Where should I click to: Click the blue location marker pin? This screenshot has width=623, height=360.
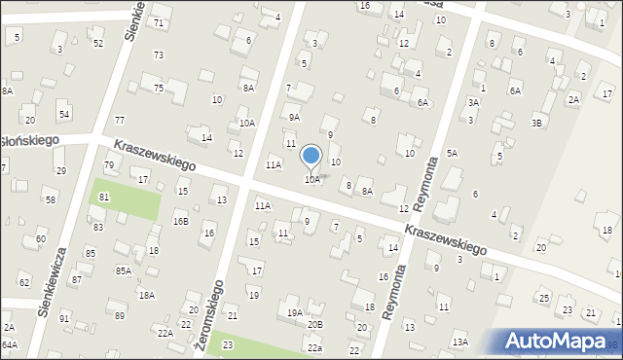[311, 156]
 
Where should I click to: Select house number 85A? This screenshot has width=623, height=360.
[123, 271]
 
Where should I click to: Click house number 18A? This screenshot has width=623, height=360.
[146, 295]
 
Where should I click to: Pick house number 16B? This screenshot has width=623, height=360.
[181, 221]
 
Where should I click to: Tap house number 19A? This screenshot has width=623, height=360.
[294, 312]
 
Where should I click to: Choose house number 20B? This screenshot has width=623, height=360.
[314, 324]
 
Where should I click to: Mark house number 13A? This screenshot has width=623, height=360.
[459, 342]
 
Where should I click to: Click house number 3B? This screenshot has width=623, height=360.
[536, 123]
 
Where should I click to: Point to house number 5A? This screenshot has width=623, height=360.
[452, 153]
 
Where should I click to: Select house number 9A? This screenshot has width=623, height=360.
[294, 117]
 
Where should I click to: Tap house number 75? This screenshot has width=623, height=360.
[158, 88]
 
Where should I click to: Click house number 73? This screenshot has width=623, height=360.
[158, 54]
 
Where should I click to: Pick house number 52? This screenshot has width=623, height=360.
[97, 43]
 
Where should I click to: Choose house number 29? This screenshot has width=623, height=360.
[60, 170]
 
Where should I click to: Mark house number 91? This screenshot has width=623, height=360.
[64, 318]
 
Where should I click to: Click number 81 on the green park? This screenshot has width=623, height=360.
[104, 197]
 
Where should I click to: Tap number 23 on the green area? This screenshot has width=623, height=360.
[228, 344]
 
